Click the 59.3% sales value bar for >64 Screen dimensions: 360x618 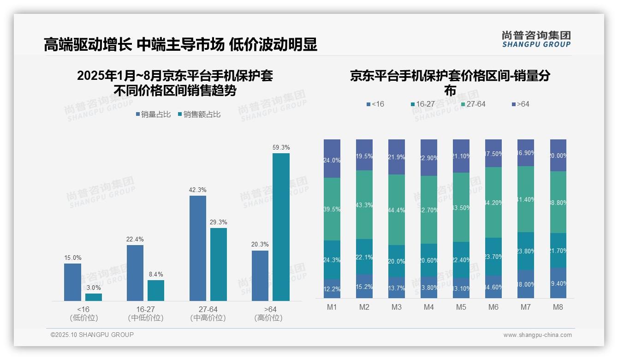click(x=281, y=227)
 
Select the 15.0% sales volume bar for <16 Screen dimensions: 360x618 click(x=72, y=282)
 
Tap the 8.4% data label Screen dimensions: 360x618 click(x=156, y=274)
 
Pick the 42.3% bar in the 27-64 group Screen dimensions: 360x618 click(x=198, y=248)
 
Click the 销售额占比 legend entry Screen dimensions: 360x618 click(x=199, y=114)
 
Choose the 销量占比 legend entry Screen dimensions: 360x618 click(x=153, y=114)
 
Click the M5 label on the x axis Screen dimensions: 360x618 click(x=461, y=307)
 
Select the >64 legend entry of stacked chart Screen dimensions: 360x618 click(x=521, y=104)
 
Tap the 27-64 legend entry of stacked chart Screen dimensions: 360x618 click(x=473, y=104)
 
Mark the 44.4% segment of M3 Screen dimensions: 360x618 click(x=397, y=210)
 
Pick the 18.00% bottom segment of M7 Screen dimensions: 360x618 click(x=526, y=284)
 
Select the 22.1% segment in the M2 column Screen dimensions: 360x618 click(x=364, y=257)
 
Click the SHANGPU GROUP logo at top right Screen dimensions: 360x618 click(x=536, y=39)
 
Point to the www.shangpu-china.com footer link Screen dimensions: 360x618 click(x=537, y=335)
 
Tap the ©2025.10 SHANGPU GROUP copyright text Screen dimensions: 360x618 click(x=92, y=335)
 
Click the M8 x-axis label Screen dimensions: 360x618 click(x=558, y=307)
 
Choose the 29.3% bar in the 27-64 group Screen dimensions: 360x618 click(x=219, y=264)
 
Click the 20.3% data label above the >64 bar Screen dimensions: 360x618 click(x=260, y=244)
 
